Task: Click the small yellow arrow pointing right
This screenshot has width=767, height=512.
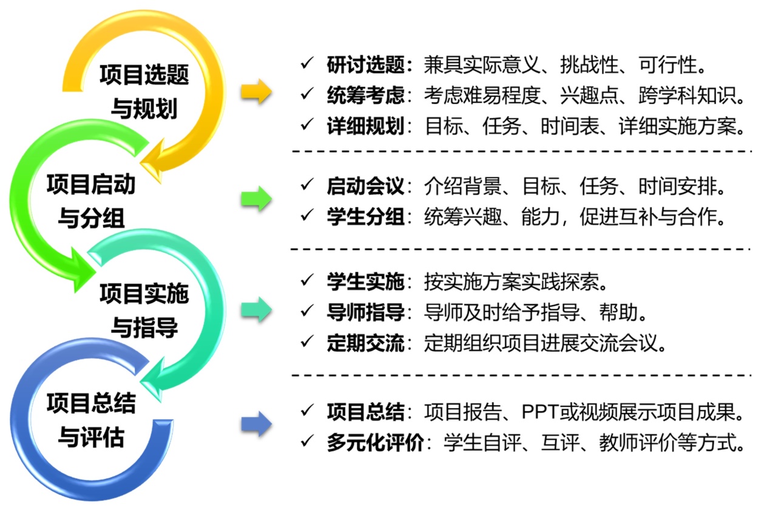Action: pos(255,92)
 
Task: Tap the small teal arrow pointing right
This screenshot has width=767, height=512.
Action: pos(255,309)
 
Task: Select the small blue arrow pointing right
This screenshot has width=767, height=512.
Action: pos(255,423)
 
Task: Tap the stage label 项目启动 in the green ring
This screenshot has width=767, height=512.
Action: pos(91,183)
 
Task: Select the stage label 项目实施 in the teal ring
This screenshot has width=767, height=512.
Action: pos(145,294)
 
